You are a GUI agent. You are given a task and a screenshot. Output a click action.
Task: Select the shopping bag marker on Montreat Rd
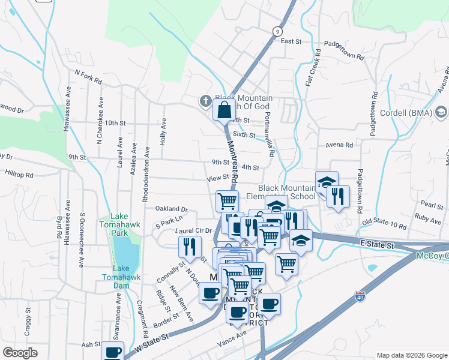click(224, 110)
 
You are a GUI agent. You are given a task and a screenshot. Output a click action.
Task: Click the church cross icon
click(205, 100)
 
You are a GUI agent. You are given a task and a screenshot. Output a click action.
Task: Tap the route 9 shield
click(277, 31)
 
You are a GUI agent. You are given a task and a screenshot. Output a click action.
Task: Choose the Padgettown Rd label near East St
click(344, 51)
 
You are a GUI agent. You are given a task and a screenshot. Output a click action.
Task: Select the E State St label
click(377, 245)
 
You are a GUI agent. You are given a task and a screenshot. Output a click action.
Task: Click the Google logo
click(20, 353)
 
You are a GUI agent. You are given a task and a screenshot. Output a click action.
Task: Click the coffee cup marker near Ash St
click(112, 352)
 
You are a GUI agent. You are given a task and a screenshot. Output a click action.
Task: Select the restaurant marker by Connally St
click(190, 246)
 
